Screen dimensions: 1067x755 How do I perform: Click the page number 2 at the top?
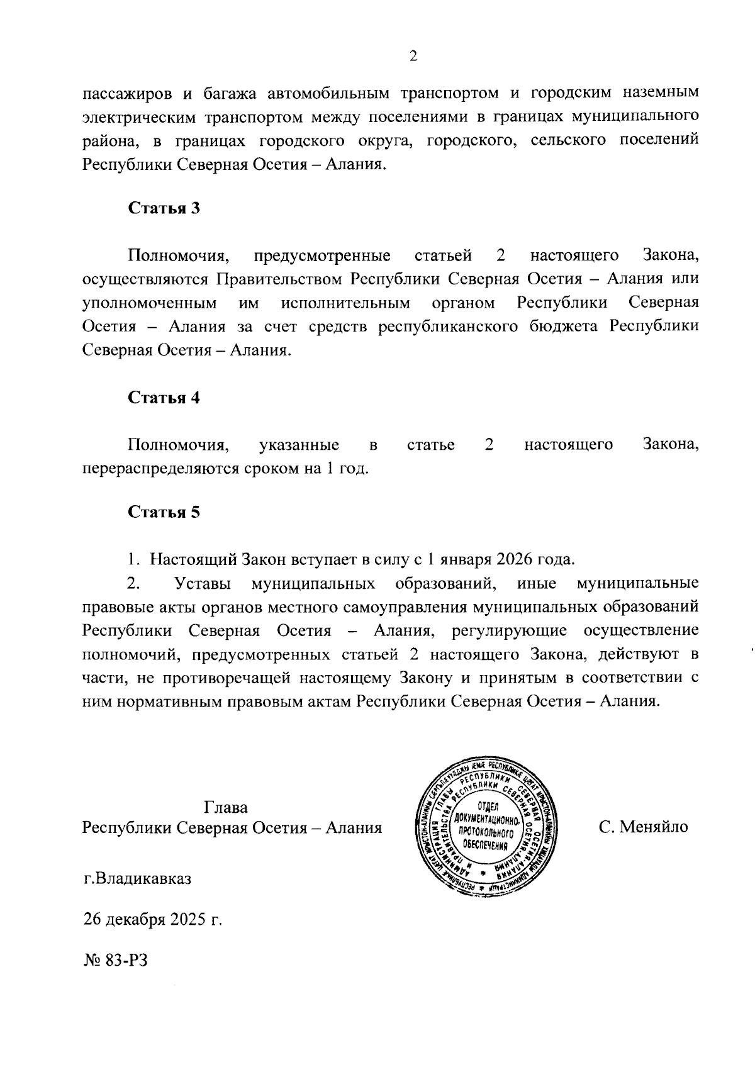coord(413,57)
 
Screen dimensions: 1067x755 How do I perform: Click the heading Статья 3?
coord(164,208)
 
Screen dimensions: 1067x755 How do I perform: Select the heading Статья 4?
coord(164,398)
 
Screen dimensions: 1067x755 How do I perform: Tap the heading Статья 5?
coord(164,512)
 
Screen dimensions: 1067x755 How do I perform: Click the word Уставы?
coord(201,583)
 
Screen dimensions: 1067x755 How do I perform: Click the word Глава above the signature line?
coord(226,808)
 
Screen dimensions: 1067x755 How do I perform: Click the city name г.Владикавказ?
coord(138,878)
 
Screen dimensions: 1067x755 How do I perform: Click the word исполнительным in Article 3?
coord(346,303)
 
